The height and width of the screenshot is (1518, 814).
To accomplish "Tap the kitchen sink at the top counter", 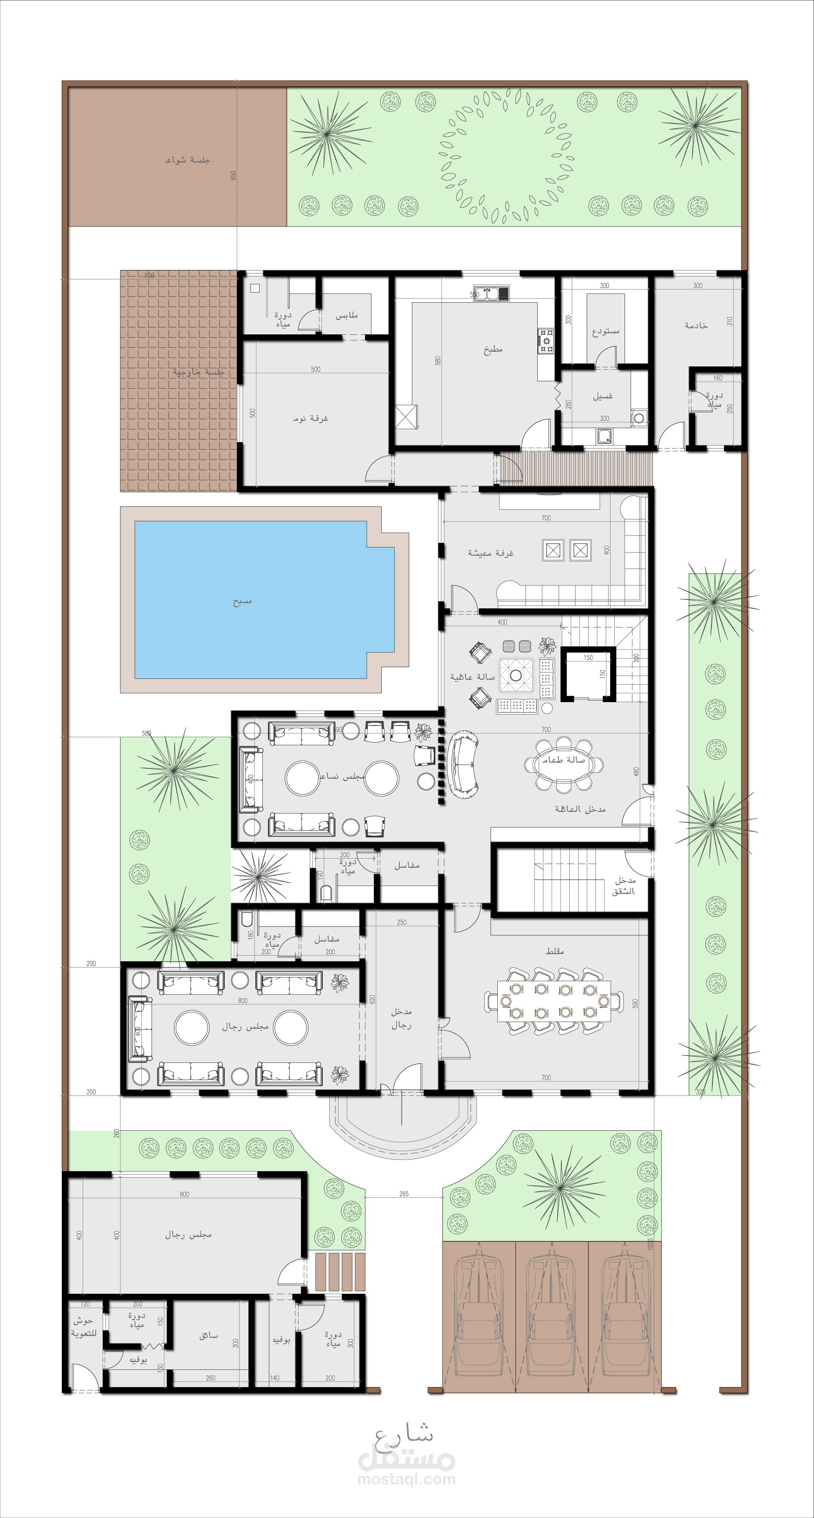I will coord(491,293).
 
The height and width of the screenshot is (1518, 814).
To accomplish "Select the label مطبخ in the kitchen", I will coord(493,350).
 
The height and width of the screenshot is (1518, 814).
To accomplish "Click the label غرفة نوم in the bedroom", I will coord(311,418).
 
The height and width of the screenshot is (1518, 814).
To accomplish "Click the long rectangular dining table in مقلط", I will coord(554,1001).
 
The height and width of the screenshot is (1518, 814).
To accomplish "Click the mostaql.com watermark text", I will coord(406,1479).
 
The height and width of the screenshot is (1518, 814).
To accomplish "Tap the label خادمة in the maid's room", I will coord(696,325).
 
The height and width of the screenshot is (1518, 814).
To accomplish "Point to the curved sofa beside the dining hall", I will coord(462,764).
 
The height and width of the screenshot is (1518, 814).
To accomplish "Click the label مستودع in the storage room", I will coord(606,331).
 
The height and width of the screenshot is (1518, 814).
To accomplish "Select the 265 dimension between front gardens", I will coord(404,1194).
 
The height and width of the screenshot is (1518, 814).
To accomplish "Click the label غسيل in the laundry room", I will coord(603,396).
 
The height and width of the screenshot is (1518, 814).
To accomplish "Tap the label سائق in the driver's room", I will coord(208,1336).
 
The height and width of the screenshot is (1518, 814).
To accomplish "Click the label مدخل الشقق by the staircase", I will coord(624,885).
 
